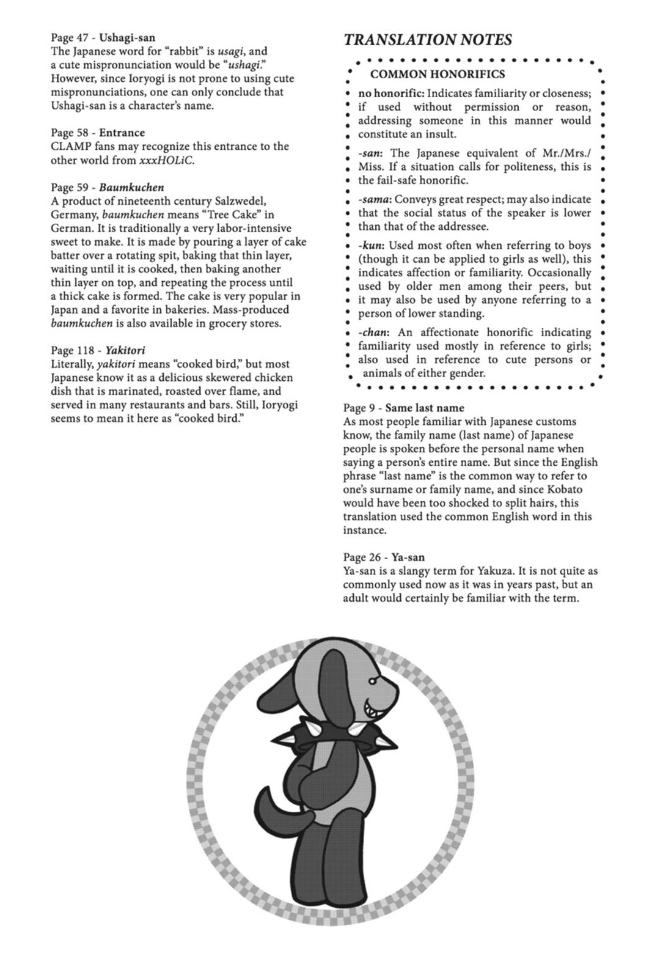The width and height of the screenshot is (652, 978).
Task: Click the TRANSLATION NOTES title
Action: (x=428, y=40)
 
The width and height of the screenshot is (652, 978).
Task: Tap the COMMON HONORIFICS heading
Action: (x=438, y=75)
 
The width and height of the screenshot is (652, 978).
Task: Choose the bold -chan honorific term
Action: (x=375, y=333)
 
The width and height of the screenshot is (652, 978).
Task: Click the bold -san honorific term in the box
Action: (x=370, y=153)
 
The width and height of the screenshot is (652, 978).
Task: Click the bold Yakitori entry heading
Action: (x=125, y=351)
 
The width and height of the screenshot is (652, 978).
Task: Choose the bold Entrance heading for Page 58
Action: (x=122, y=133)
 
